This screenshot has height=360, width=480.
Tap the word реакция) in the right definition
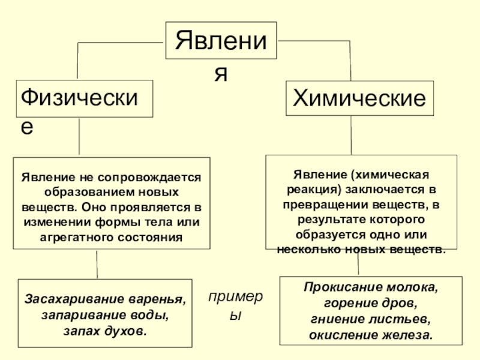(x=307, y=190)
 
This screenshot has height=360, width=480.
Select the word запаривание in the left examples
(x=78, y=315)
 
